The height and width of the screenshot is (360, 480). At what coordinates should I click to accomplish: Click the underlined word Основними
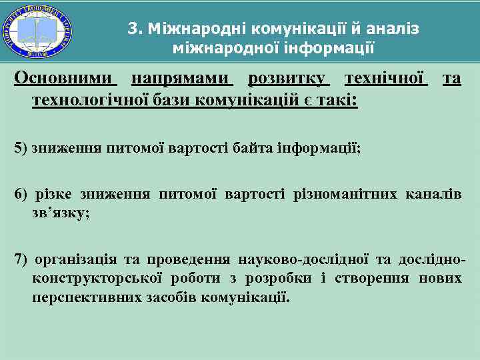coord(65,79)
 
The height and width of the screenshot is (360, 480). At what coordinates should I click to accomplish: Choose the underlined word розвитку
coord(287,79)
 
